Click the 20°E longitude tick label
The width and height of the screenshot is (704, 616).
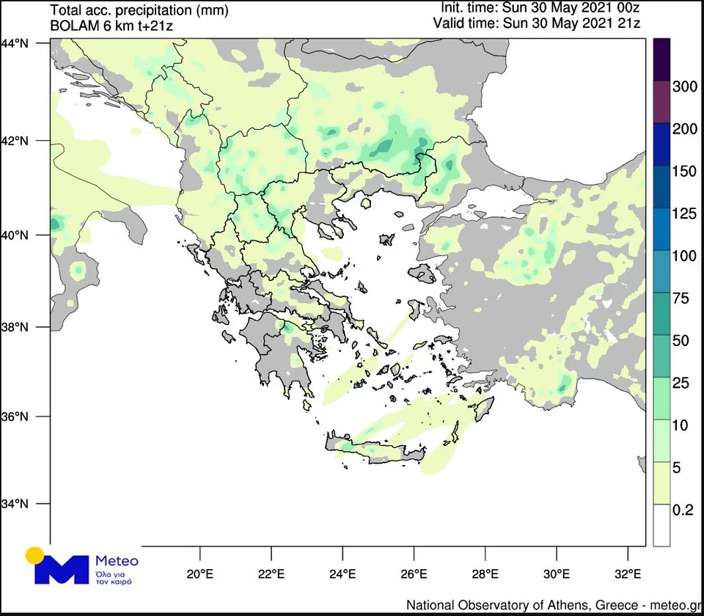tap(199, 573)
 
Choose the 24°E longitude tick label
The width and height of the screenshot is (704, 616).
tap(342, 573)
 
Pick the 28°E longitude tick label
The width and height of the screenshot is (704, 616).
tap(485, 573)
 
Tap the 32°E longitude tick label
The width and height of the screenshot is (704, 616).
tap(628, 573)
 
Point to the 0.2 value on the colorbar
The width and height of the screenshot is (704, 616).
tap(683, 510)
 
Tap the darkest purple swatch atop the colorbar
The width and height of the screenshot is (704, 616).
tap(662, 59)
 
